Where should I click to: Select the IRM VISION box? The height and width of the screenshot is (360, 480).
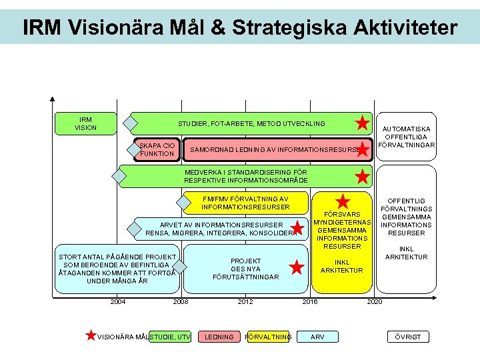[85, 123]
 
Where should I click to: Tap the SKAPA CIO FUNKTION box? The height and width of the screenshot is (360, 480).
[157, 150]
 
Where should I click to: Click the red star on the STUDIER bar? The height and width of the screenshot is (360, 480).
[362, 123]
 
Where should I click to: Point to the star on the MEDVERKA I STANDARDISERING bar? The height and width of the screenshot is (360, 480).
[363, 177]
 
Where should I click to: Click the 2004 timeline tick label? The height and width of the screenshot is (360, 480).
[118, 302]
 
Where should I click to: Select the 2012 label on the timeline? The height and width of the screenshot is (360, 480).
[245, 302]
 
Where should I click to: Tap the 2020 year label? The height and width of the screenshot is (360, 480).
[374, 302]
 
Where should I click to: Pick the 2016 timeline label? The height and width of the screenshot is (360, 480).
[309, 302]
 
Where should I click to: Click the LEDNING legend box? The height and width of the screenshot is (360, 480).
[219, 337]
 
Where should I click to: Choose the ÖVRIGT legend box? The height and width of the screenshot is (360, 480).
[408, 337]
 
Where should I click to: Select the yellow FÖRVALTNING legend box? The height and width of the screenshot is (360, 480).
[268, 337]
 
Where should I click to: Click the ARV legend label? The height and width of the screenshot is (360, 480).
[318, 337]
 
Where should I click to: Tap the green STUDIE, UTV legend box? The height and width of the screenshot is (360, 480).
[171, 337]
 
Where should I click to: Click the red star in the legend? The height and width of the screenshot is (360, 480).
[91, 335]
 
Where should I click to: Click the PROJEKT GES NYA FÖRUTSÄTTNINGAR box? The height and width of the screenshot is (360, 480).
[245, 269]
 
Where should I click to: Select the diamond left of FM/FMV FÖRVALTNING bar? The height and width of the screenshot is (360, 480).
[184, 203]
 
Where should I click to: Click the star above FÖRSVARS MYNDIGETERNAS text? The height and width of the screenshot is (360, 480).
[343, 201]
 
